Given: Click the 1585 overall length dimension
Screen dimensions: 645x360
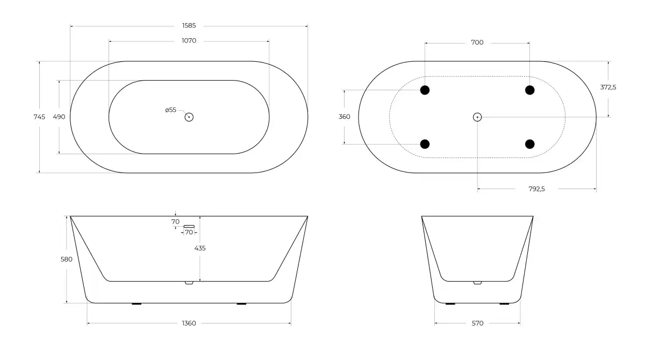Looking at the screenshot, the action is tap(189, 26).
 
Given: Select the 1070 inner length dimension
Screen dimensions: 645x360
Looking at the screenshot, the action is tap(189, 41).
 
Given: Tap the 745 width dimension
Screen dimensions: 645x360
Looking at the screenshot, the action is tap(39, 117).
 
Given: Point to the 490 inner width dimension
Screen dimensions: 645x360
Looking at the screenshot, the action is tap(59, 117).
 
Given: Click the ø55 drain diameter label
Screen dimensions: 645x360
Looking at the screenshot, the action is tap(171, 110).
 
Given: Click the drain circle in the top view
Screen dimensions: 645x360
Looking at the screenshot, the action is tap(189, 117).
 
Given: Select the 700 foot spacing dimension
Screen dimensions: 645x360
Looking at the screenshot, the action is tap(477, 42).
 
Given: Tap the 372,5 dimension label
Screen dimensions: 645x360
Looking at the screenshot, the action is tap(608, 87).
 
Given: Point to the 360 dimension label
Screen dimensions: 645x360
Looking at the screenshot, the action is tap(345, 117).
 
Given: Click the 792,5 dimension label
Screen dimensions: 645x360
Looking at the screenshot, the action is tap(537, 189).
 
